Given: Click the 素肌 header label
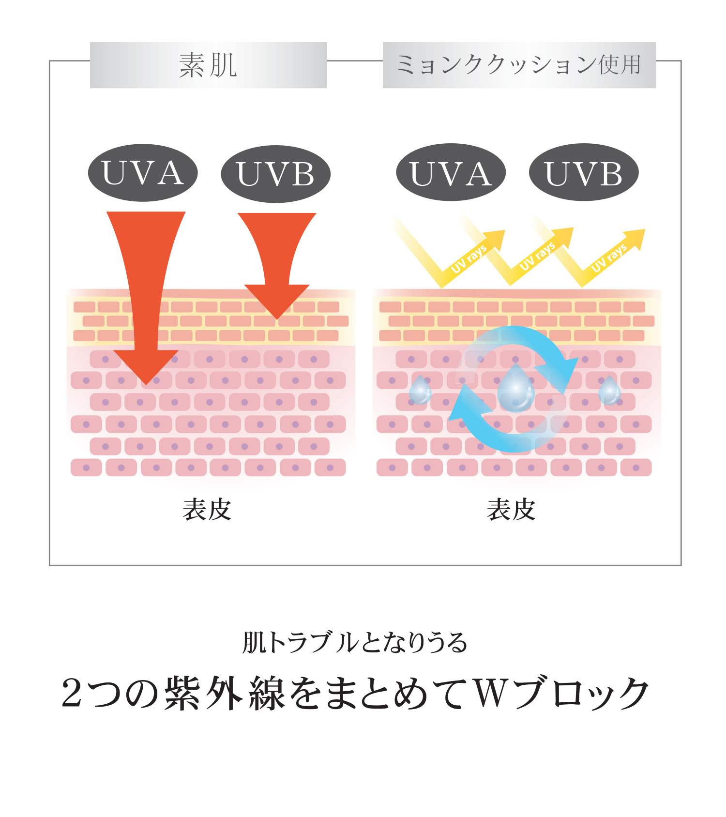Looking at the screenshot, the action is tap(208, 65).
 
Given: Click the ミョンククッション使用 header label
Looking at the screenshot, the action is tap(519, 65).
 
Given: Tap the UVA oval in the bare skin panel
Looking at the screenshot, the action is tap(143, 173).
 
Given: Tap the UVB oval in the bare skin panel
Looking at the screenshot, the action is tap(275, 174).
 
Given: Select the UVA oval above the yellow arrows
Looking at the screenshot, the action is tap(451, 172).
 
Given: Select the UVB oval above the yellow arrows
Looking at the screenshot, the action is tap(584, 172).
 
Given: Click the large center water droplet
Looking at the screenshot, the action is tap(516, 388).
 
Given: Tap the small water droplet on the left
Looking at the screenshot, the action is tap(420, 390).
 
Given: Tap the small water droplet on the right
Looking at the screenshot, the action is tap(609, 390).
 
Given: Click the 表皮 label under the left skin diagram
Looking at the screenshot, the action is tap(207, 510).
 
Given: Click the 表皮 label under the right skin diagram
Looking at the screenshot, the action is tap(511, 510).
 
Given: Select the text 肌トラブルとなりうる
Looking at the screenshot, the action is tap(355, 643).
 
